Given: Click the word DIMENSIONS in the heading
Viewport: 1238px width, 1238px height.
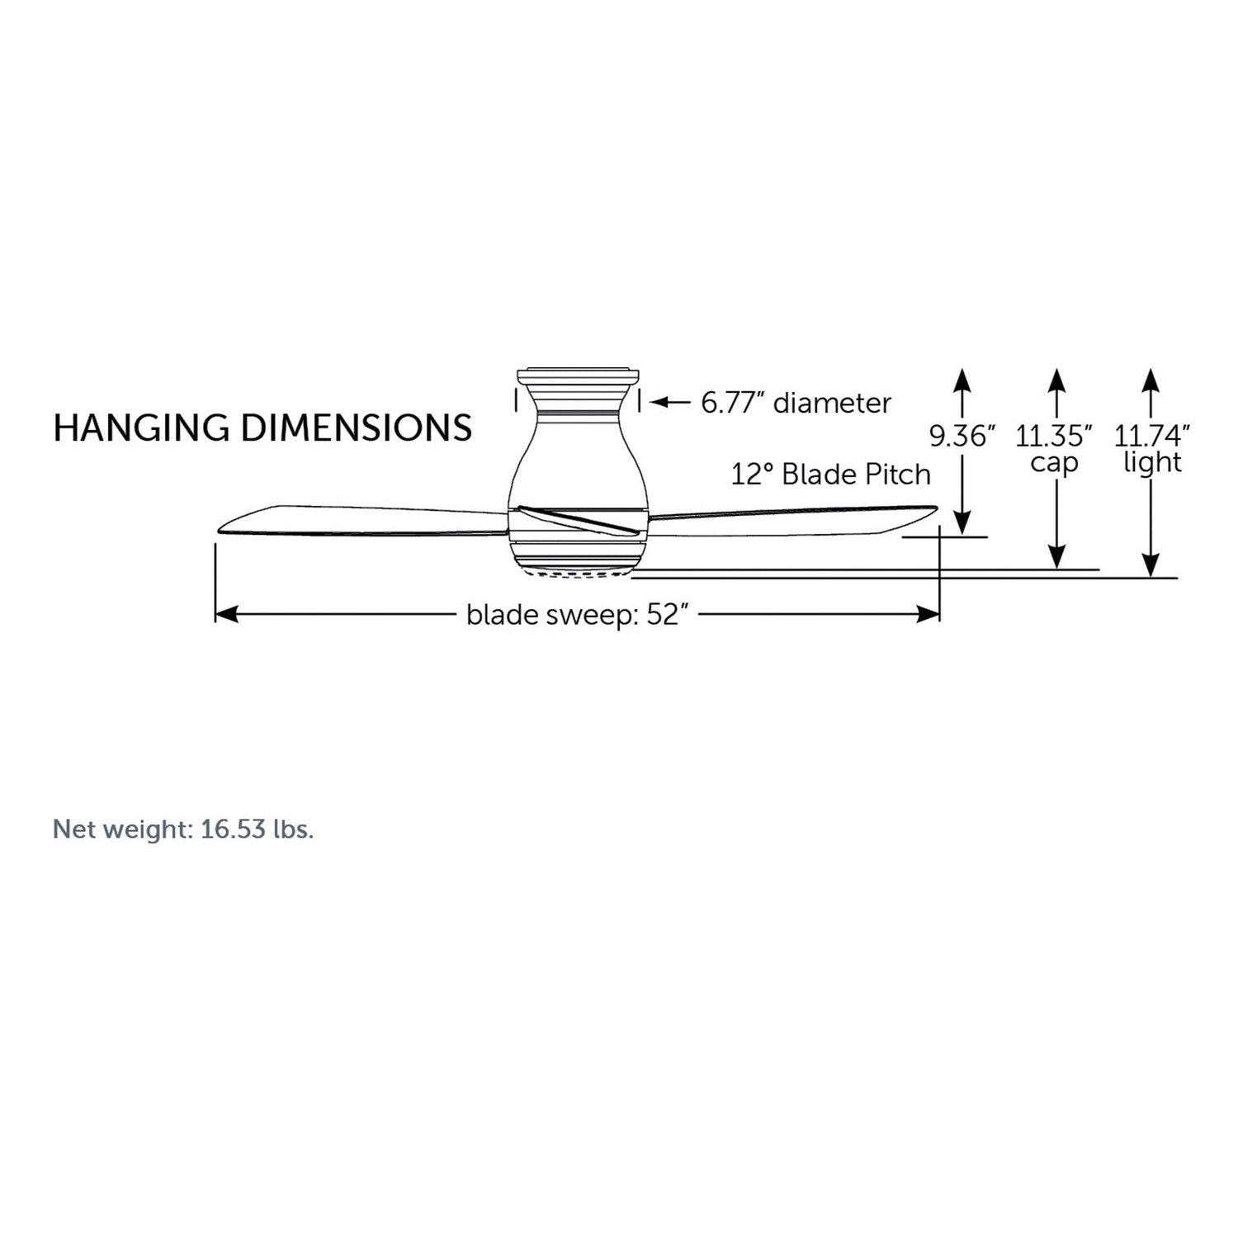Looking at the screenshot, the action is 357,428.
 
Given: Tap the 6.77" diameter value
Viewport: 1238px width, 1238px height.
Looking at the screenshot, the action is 733,403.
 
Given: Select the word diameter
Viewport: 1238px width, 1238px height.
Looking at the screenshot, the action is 833,403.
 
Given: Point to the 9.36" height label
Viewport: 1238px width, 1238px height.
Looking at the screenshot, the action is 962,436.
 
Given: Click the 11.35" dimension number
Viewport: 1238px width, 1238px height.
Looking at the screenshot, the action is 1054,436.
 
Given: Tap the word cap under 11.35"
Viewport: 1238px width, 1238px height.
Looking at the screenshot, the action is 1054,463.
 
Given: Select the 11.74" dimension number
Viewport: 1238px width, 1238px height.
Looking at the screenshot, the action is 1152,436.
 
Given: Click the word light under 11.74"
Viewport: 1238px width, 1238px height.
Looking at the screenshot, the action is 1152,462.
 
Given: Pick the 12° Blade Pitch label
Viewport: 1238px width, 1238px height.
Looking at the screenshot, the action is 831,475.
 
